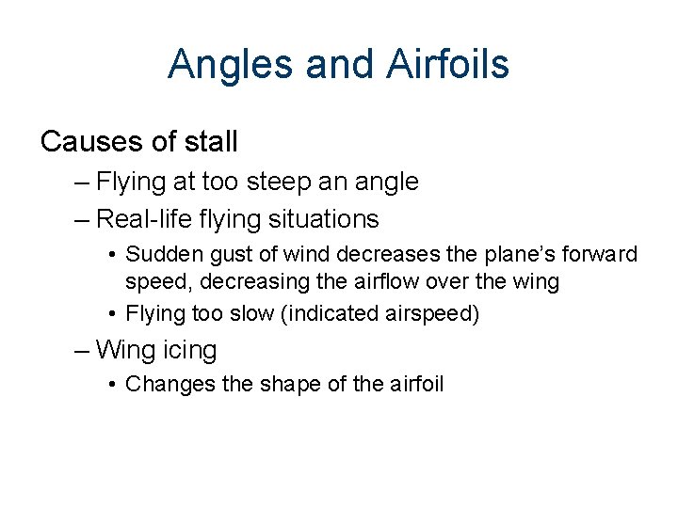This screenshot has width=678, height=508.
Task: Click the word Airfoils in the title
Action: (447, 64)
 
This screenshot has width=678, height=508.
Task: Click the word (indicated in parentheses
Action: (319, 313)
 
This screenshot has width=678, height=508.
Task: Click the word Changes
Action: (160, 384)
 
